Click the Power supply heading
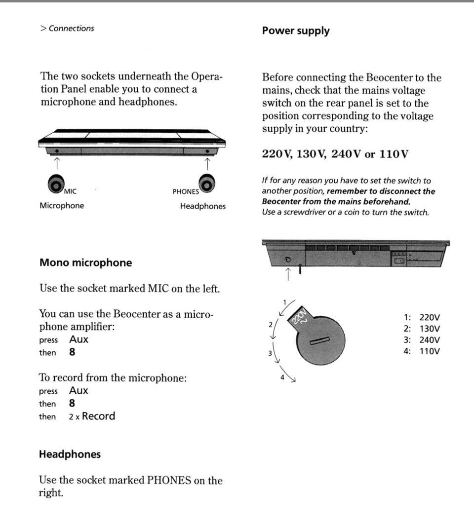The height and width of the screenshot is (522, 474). [295, 31]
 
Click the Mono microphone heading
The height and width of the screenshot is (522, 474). [85, 262]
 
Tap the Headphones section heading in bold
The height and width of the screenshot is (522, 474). [70, 454]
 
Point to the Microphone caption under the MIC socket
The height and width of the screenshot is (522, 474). [62, 206]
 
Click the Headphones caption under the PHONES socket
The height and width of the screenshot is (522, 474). [202, 206]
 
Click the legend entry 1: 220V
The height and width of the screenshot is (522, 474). [422, 318]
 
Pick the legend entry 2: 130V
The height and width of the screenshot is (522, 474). [422, 329]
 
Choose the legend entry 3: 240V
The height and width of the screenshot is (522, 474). [422, 340]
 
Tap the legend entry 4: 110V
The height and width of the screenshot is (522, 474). [422, 351]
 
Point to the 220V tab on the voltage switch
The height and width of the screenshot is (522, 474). [299, 316]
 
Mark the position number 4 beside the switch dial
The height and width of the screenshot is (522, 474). [282, 377]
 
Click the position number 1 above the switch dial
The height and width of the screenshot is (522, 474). [284, 302]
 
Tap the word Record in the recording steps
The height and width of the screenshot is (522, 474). [98, 416]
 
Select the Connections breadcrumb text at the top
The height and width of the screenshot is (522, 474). [71, 29]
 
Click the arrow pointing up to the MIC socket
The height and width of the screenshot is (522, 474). [56, 161]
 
